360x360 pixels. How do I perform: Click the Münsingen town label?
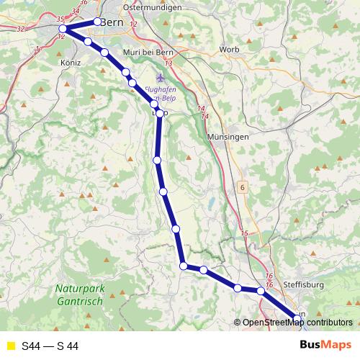(x=227, y=136)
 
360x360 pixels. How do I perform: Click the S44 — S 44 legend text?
(x=50, y=346)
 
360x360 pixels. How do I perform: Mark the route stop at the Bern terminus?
(x=98, y=22)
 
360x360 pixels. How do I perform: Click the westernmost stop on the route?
(x=63, y=29)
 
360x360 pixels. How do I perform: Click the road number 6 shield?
(x=243, y=187)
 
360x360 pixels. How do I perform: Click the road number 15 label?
(x=244, y=233)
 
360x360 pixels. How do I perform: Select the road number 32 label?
(x=20, y=29)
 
